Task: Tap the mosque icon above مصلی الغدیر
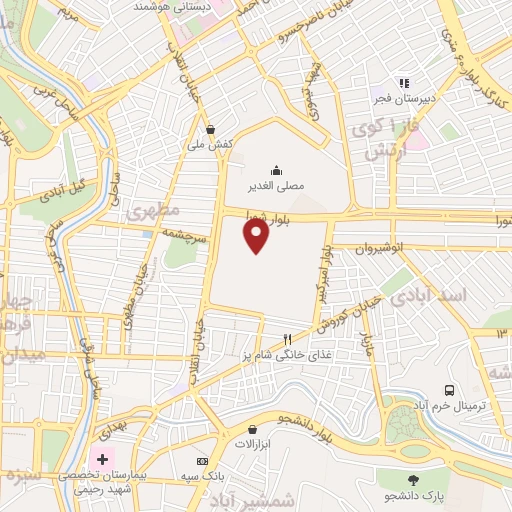point(276,169)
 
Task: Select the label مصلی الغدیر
point(276,185)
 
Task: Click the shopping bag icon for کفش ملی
point(211,129)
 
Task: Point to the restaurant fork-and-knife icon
point(287,339)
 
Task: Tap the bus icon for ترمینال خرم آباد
point(449,389)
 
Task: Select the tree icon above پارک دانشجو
point(411,479)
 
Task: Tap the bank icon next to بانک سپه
point(203,461)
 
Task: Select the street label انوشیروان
point(381,246)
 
